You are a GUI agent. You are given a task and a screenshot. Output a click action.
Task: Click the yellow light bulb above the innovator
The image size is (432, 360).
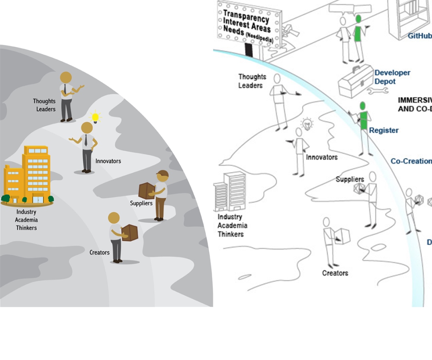click(x=95, y=117)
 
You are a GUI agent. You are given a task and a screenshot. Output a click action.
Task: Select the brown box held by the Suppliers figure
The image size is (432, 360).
click(x=146, y=190)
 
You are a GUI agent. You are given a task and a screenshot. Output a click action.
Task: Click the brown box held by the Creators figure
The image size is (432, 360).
click(x=130, y=232)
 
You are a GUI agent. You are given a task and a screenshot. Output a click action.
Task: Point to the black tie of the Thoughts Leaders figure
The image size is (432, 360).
click(x=65, y=89)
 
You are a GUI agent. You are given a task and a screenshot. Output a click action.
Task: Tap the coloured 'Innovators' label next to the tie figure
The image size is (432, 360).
click(x=108, y=161)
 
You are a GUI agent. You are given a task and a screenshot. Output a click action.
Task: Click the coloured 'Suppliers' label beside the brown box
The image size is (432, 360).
click(x=141, y=203)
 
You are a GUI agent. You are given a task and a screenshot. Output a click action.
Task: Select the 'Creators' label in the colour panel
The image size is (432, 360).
click(x=100, y=252)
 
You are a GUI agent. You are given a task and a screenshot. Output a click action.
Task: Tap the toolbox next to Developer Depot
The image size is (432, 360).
click(x=356, y=81)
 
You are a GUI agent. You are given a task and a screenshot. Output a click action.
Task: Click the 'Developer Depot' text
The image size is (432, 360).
click(x=392, y=77)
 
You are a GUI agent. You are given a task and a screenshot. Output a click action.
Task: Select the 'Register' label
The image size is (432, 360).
click(x=384, y=130)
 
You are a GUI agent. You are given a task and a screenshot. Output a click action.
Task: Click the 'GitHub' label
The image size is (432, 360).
click(x=420, y=36)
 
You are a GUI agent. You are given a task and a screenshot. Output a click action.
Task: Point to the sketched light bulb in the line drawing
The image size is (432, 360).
click(x=307, y=123)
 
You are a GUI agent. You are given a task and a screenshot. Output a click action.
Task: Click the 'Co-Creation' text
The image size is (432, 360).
click(x=411, y=161)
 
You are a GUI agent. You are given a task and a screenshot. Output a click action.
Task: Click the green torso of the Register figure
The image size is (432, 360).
click(x=364, y=120)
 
